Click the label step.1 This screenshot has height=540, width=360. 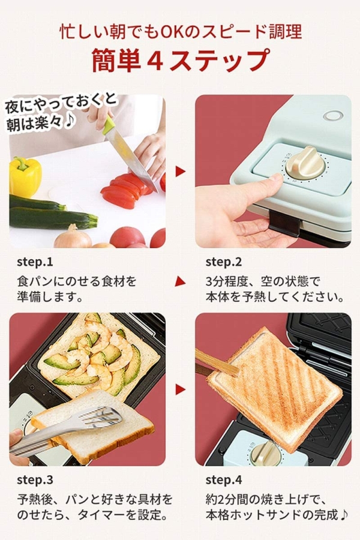tap(35, 262)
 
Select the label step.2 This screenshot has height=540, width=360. tap(224, 262)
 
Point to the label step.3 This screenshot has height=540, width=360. tap(35, 480)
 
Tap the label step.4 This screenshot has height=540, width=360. tap(224, 480)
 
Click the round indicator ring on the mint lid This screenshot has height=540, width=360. tap(332, 115)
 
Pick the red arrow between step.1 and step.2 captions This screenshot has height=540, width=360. tap(180, 281)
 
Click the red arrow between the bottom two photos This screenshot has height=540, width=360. tap(180, 389)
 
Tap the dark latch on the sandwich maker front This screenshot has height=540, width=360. tap(284, 223)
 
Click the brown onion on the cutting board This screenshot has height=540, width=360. tap(73, 237)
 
